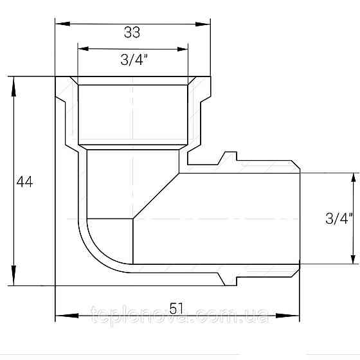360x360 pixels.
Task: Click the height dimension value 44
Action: point(24,182)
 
